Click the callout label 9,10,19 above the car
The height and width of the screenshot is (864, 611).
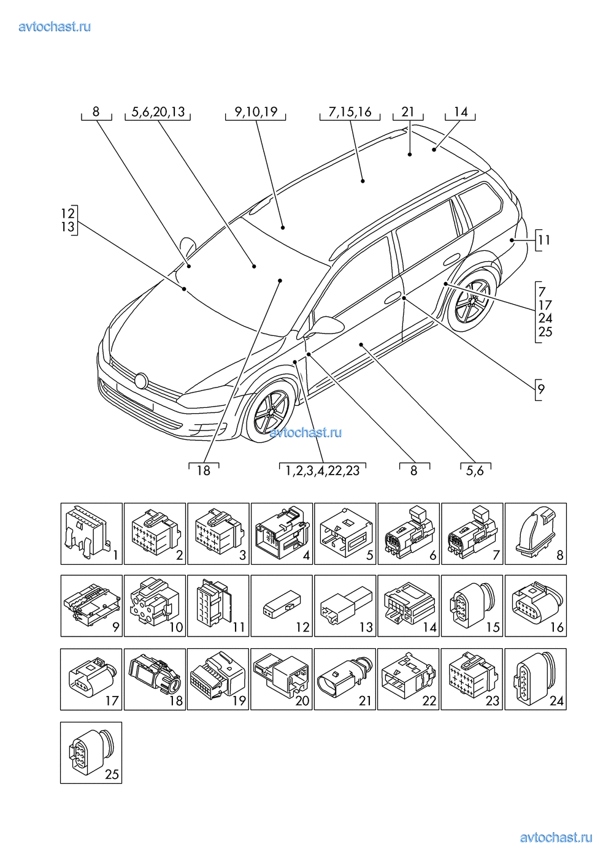[256, 112]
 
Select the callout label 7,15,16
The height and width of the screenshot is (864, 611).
[350, 112]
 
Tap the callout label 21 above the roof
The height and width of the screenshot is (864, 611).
[408, 112]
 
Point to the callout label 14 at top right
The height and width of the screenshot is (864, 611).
[460, 112]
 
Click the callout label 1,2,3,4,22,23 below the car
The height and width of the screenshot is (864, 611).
[323, 471]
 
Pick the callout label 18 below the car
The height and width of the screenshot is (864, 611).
[203, 471]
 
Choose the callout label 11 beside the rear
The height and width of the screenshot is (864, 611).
[544, 240]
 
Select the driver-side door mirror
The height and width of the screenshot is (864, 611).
[325, 325]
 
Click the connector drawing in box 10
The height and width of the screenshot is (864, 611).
[151, 603]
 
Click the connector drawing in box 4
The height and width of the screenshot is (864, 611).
[279, 531]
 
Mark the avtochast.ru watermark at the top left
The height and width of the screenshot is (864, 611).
[55, 26]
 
